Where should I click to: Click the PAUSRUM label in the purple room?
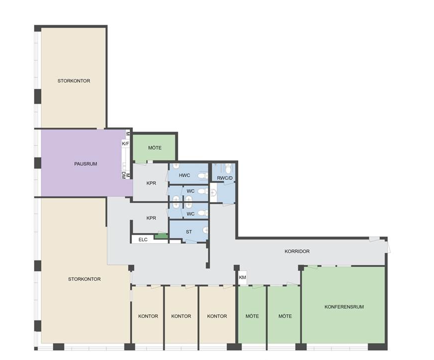pyautogui.click(x=85, y=164)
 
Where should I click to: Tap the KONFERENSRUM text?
pyautogui.click(x=344, y=307)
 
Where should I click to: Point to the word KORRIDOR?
pyautogui.click(x=297, y=251)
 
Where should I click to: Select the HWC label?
pyautogui.click(x=184, y=175)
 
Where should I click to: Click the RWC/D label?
pyautogui.click(x=225, y=178)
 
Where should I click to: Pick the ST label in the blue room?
pyautogui.click(x=189, y=232)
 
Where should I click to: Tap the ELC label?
pyautogui.click(x=143, y=240)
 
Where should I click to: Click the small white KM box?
pyautogui.click(x=242, y=278)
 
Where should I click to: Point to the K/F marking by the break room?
pyautogui.click(x=125, y=144)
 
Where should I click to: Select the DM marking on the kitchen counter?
pyautogui.click(x=123, y=175)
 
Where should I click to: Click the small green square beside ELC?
pyautogui.click(x=161, y=236)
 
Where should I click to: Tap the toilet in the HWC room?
pyautogui.click(x=203, y=175)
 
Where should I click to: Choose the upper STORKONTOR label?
pyautogui.click(x=74, y=81)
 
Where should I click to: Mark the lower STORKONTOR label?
pyautogui.click(x=84, y=279)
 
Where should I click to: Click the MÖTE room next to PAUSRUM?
pyautogui.click(x=154, y=147)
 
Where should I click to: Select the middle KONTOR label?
pyautogui.click(x=181, y=316)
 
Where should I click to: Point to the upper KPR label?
pyautogui.click(x=151, y=183)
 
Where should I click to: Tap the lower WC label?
pyautogui.click(x=190, y=214)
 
